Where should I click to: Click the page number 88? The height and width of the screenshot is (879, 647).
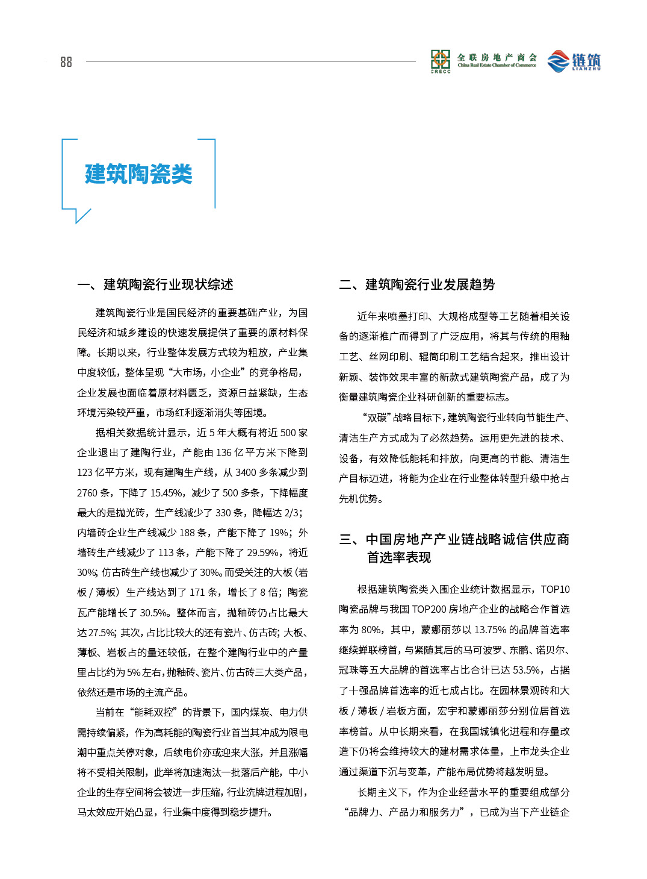66,62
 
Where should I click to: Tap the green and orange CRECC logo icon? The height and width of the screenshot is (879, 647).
441,60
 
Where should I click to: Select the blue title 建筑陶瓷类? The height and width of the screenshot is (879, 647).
138,174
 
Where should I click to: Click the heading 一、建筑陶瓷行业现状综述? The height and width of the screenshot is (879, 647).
155,284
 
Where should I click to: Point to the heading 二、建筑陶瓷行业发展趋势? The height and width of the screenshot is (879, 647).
417,284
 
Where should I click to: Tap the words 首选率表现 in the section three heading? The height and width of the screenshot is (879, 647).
399,557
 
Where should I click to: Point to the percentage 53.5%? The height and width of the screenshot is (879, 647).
525,670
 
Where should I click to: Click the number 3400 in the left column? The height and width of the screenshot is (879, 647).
246,472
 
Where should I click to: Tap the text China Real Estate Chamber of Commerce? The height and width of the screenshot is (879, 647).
497,66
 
